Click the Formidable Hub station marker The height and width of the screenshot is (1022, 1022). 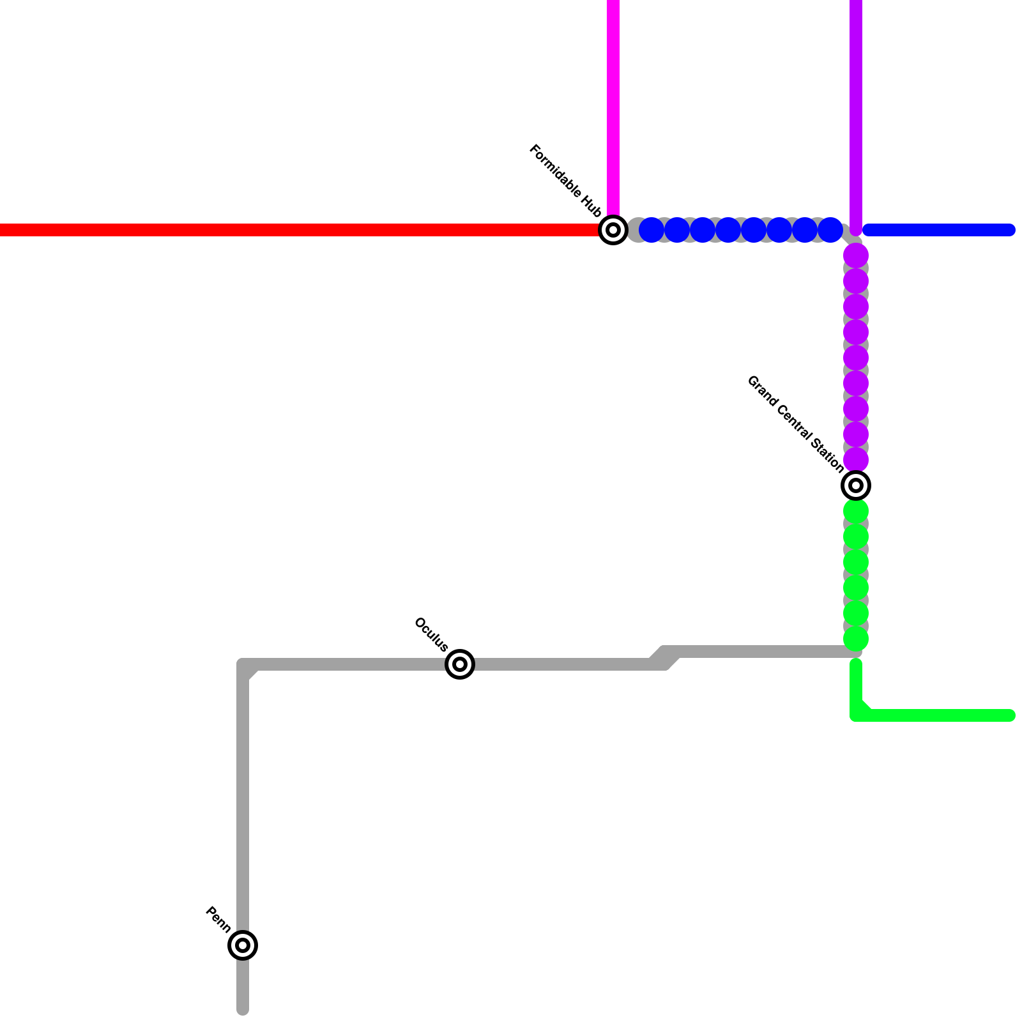pos(613,230)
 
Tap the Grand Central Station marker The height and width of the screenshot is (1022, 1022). pos(856,485)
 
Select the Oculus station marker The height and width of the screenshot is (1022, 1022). pos(460,664)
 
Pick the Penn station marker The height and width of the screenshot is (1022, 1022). pos(243,945)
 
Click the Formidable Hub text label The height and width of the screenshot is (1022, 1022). pos(566,181)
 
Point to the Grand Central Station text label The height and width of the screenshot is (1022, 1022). pos(795,424)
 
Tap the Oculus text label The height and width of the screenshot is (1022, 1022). pos(431,634)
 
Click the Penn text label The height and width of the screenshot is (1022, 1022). pos(218,920)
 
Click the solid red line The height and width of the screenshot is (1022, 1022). pos(287,230)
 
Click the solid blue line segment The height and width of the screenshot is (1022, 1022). pos(939,230)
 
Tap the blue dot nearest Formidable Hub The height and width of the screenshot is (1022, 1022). pos(652,230)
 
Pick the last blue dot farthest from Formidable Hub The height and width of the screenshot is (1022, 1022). pos(830,230)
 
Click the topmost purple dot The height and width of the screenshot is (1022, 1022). pos(856,256)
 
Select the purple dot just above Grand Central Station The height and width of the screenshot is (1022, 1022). pos(856,460)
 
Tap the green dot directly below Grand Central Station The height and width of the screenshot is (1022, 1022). pos(856,511)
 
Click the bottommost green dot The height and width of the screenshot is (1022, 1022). pos(856,639)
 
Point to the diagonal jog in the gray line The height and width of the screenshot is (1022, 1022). pos(664,658)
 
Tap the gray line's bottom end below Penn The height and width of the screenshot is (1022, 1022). pos(243,1009)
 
